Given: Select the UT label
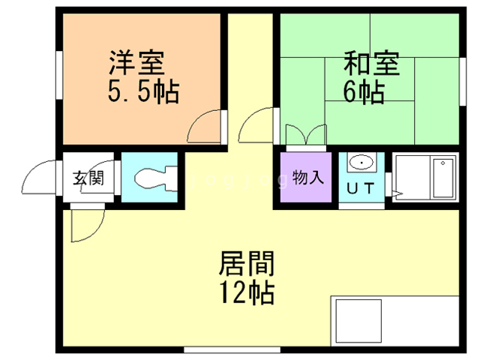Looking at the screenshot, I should click(x=361, y=187).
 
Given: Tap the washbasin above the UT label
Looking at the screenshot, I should click(x=361, y=163).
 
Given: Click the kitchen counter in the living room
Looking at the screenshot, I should click(x=394, y=322).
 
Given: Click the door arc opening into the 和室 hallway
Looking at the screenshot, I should click(x=259, y=124).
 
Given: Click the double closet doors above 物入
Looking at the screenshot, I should click(x=306, y=135).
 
